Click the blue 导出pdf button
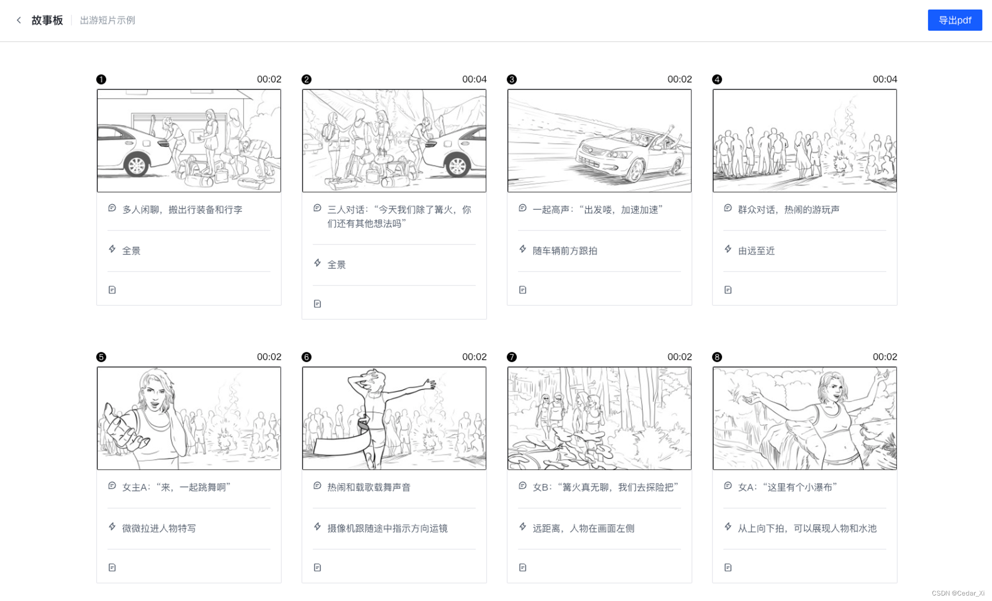pos(955,20)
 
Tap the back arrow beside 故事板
pos(19,20)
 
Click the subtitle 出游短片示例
pos(108,20)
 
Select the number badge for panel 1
pos(101,79)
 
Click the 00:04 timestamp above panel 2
pos(474,79)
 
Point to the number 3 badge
pos(512,79)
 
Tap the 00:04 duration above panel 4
pos(885,79)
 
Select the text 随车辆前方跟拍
pos(565,251)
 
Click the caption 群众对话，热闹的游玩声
pos(789,209)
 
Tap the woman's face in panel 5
pos(155,395)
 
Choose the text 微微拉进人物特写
pos(159,528)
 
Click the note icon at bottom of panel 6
pos(317,567)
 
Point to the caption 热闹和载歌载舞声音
pos(369,487)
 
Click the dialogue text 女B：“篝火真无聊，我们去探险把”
pos(606,487)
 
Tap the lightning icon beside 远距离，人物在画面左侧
pos(523,527)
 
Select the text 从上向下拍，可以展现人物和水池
pos(807,528)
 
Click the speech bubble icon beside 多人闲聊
pos(112,208)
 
